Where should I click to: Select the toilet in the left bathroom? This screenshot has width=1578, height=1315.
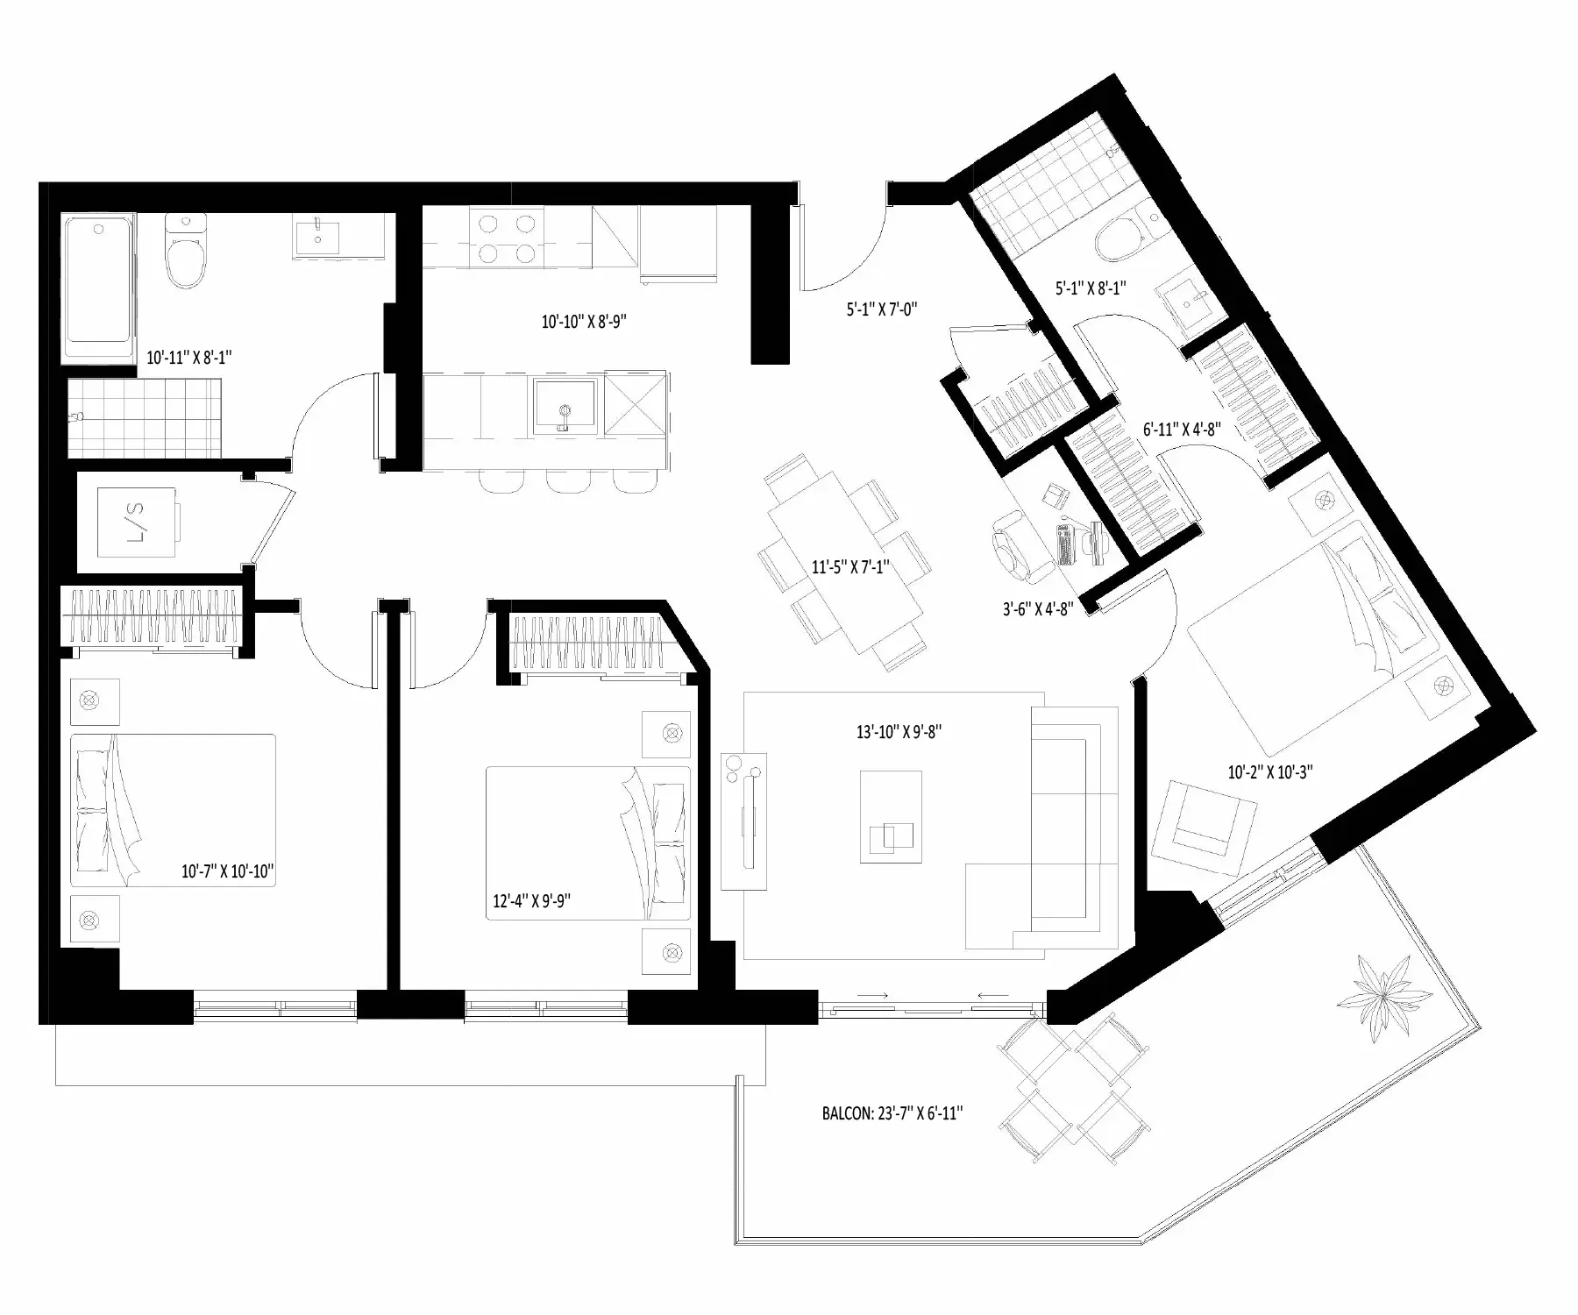188,251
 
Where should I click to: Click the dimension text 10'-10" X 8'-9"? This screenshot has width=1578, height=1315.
584,322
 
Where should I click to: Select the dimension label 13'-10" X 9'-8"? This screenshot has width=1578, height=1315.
899,732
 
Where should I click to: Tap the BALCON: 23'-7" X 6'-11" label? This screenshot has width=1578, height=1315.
892,1113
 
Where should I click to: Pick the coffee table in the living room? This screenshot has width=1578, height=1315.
891,817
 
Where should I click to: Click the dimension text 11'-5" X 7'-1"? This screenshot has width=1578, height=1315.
850,567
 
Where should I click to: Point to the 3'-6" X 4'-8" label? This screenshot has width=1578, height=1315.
1038,608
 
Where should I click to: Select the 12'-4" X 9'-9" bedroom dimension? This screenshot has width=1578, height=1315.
531,900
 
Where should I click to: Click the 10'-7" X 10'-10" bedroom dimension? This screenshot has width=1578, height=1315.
228,871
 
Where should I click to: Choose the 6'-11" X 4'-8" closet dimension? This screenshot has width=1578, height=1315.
1182,430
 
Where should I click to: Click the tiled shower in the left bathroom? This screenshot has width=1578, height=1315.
144,417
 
